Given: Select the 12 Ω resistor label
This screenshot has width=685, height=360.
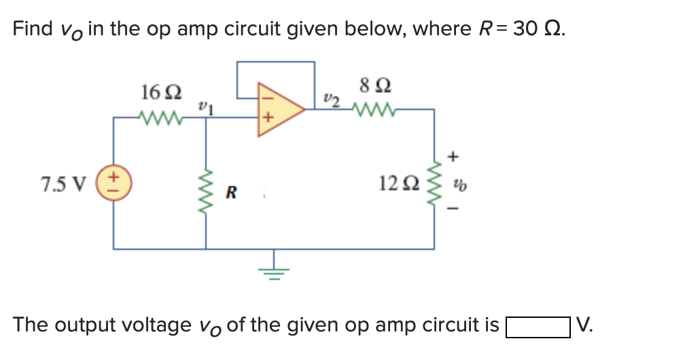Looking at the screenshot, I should click(x=398, y=183).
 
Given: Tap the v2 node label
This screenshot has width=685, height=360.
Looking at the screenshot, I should click(x=331, y=99).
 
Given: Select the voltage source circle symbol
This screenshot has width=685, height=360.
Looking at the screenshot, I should click(x=113, y=183).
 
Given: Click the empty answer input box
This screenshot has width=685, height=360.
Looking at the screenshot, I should click(x=537, y=326).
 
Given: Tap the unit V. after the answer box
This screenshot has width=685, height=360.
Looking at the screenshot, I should click(x=584, y=325).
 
